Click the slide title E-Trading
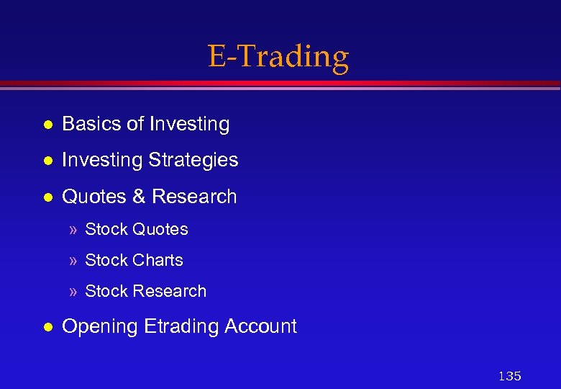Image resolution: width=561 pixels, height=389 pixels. (278, 56)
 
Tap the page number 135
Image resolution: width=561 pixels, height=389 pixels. (509, 376)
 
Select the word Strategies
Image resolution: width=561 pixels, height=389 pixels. (194, 160)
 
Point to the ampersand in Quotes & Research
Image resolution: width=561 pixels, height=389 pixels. (140, 197)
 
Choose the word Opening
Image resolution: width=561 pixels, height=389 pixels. (100, 327)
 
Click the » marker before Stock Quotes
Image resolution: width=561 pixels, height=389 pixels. (73, 230)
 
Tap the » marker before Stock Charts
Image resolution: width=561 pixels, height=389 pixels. (73, 261)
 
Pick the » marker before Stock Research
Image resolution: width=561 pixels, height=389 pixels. (73, 292)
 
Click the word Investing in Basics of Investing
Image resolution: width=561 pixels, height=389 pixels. (188, 125)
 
